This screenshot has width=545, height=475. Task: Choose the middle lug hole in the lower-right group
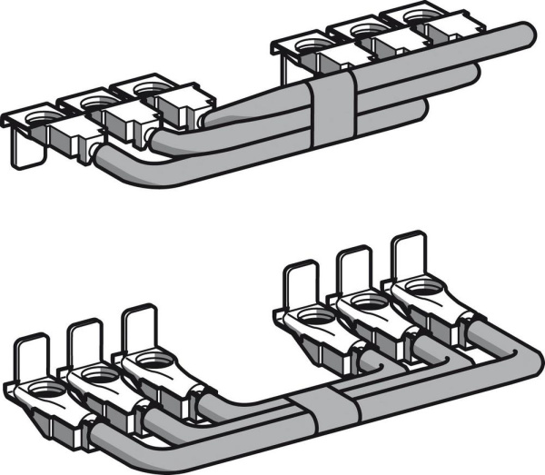click(x=368, y=299)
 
